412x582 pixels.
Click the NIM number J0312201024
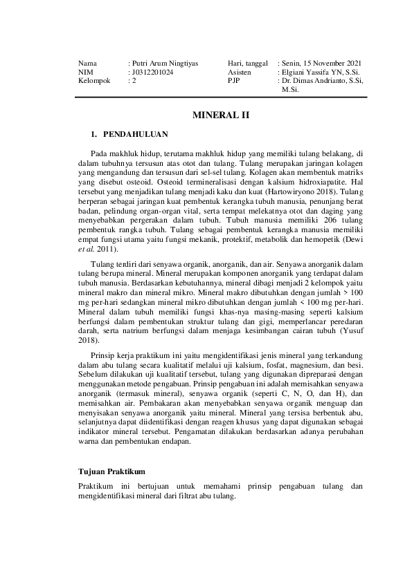pos(153,72)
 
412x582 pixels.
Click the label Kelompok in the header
pos(94,81)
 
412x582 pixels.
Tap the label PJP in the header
pos(233,81)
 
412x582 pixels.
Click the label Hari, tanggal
pos(247,63)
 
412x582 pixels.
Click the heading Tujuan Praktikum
pos(111,471)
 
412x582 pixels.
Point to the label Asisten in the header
pos(239,72)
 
